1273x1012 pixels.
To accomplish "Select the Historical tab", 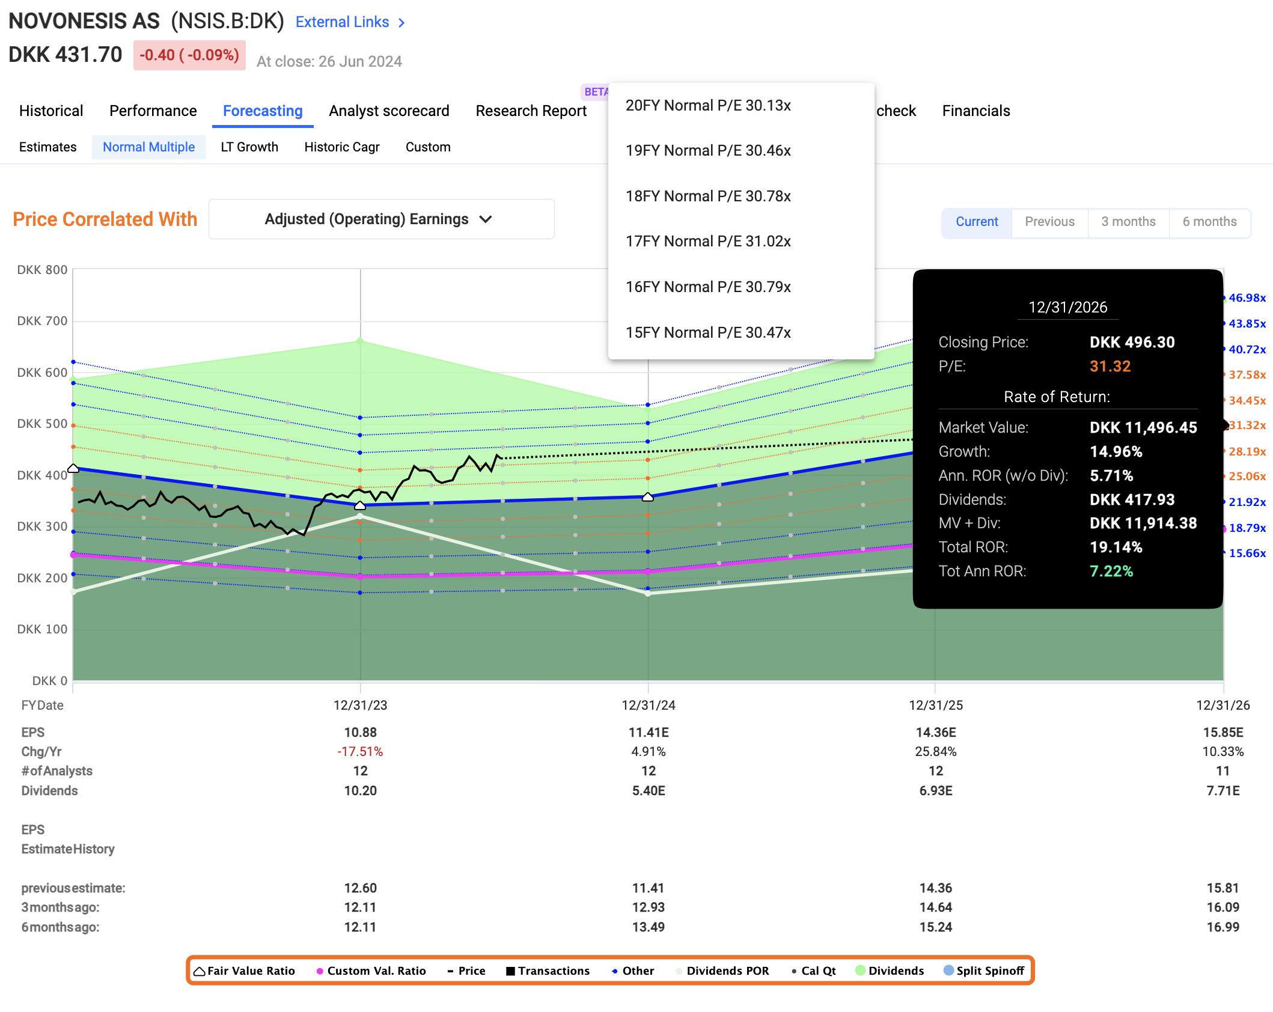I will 51,111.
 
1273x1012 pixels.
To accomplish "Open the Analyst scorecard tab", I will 389,111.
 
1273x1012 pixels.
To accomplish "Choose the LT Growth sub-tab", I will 249,147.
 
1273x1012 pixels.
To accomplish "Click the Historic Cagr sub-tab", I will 341,147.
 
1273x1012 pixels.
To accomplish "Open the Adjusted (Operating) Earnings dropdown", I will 381,219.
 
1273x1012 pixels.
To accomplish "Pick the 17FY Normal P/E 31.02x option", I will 708,242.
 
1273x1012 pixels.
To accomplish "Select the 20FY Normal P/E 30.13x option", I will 708,106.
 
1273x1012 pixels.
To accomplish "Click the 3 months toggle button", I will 1128,222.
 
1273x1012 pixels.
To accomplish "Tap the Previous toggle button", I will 1049,222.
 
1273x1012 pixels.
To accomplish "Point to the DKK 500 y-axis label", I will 42,424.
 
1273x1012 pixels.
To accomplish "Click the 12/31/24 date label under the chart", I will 648,705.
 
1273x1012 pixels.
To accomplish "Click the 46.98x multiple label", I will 1247,298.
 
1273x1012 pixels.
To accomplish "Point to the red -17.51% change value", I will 360,752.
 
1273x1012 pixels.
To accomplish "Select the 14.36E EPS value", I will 935,733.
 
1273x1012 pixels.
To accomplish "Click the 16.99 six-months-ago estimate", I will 1223,927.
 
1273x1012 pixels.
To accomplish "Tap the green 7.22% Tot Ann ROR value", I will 1111,572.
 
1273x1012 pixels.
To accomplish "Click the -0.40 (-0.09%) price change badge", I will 189,55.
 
